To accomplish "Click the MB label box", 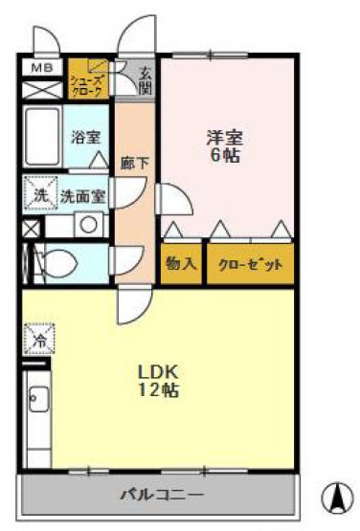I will [x=40, y=69].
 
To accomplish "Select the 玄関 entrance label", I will [x=145, y=78].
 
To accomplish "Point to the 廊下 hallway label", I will [x=134, y=162].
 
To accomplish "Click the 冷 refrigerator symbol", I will [x=39, y=338].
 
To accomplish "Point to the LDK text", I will [x=157, y=370].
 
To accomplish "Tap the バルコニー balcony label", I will [x=161, y=495].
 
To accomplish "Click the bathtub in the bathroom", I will [x=43, y=137].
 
